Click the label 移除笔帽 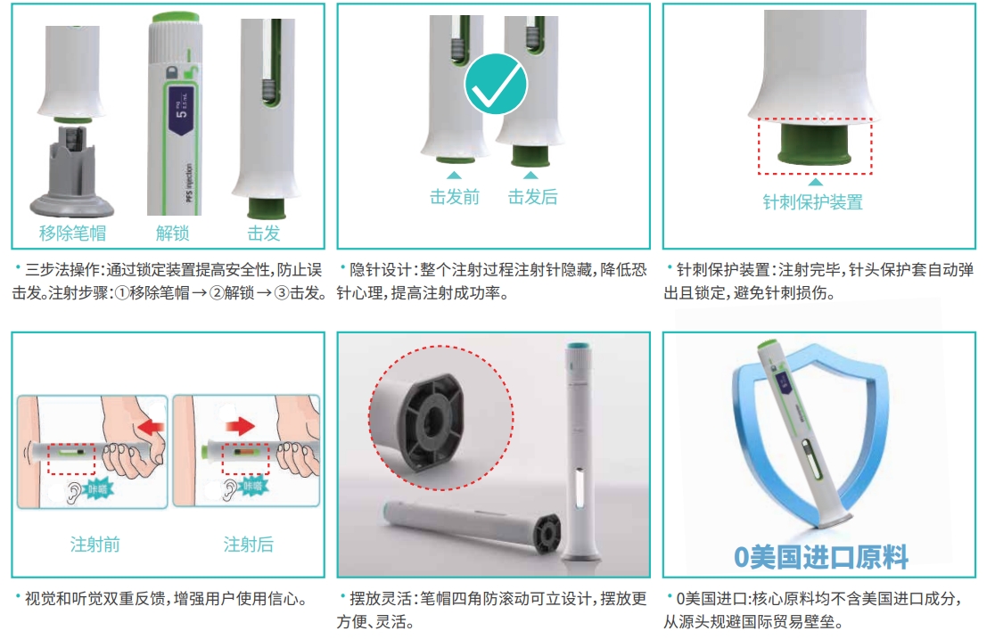pos(73,233)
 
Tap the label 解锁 pos(173,233)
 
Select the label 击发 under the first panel pos(264,233)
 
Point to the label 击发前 pos(455,197)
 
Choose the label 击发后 pos(532,197)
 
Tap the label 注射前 pos(95,544)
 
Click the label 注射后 pos(248,544)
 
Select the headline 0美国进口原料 pos(820,557)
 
